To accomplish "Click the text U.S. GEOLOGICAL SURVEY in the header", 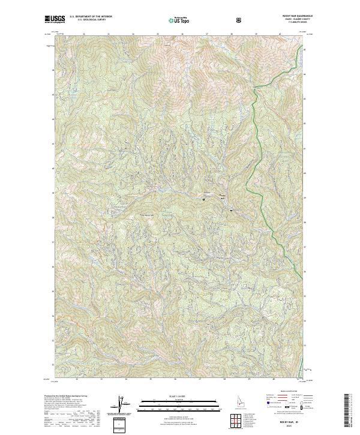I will (91, 19).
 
